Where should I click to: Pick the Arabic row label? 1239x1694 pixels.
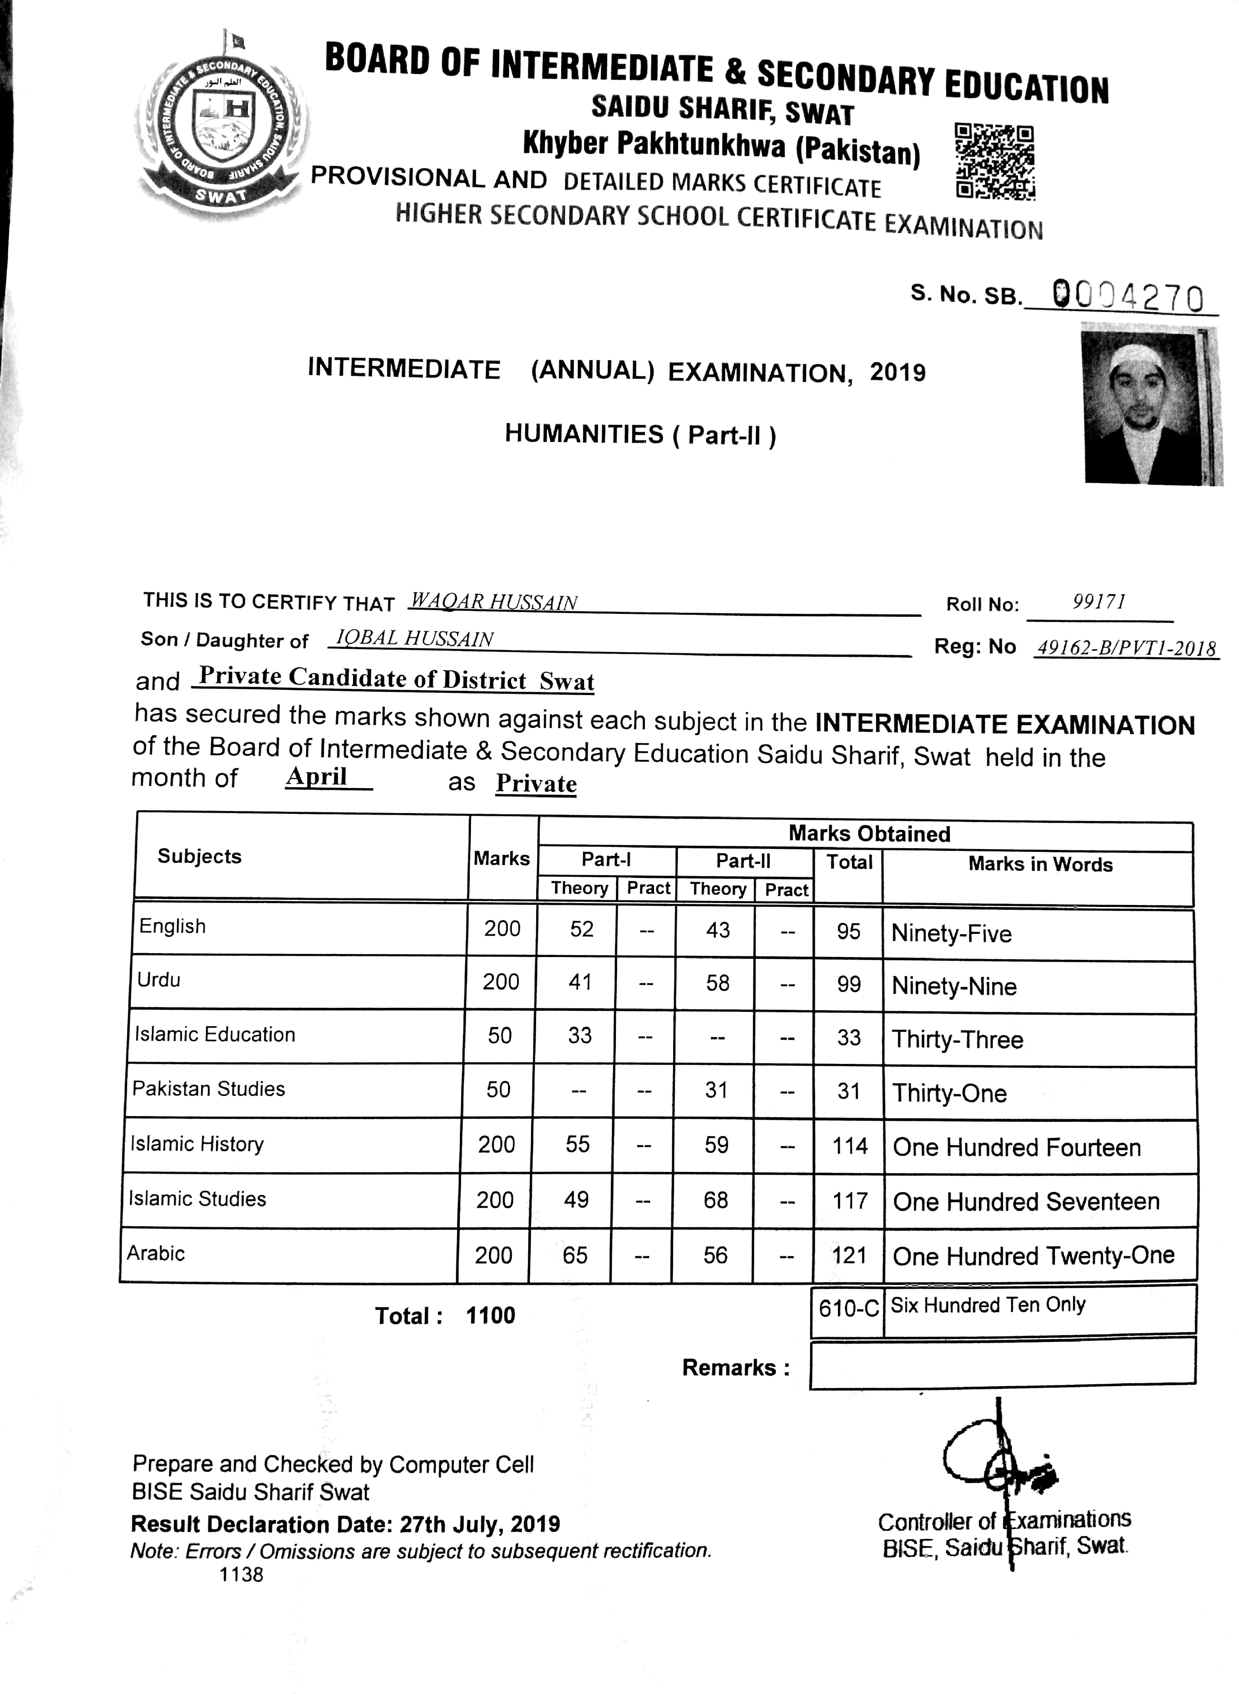(x=156, y=1253)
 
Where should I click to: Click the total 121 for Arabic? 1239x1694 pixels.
(x=849, y=1255)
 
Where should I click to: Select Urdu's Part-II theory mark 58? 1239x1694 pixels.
(x=717, y=983)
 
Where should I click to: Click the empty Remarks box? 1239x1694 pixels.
(x=1003, y=1361)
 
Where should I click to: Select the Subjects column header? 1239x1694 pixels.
(x=199, y=857)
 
